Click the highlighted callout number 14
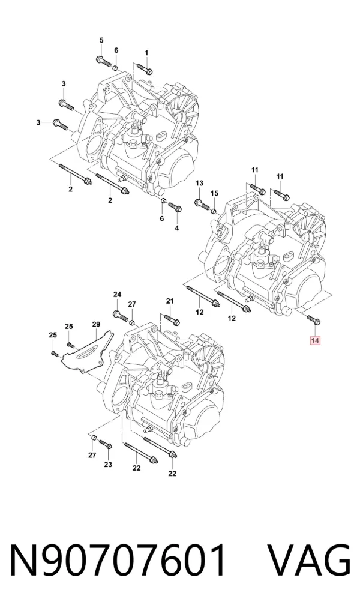point(315,341)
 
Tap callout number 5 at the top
point(101,40)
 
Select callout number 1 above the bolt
point(146,53)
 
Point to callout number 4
point(177,228)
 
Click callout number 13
point(199,183)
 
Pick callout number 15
point(214,193)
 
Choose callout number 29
point(96,324)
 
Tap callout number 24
point(117,294)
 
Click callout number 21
point(169,301)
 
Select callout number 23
point(108,465)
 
